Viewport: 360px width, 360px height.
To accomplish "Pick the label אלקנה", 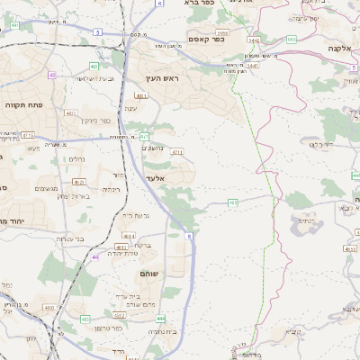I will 339,48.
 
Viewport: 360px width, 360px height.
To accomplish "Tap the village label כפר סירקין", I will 94,120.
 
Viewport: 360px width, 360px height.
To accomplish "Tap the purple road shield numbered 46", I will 94,256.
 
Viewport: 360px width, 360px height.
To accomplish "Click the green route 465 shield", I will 233,203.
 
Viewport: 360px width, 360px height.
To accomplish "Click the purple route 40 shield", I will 52,75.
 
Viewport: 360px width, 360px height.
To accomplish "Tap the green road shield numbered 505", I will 291,40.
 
